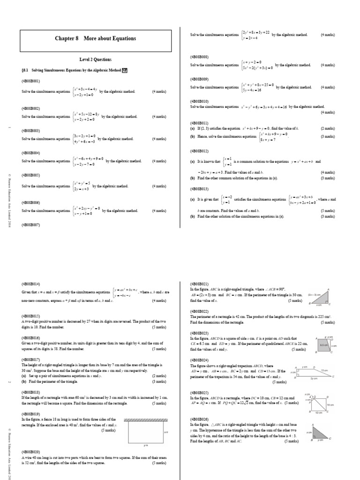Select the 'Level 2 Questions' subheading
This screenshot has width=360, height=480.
click(x=96, y=60)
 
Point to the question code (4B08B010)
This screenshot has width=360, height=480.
click(x=199, y=101)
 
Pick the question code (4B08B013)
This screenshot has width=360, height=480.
click(x=199, y=189)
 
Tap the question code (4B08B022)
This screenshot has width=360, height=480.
click(x=199, y=311)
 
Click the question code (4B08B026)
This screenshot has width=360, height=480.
click(x=199, y=419)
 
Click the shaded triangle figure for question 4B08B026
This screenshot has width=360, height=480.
click(x=321, y=432)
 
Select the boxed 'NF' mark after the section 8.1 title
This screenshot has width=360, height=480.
click(x=125, y=70)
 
